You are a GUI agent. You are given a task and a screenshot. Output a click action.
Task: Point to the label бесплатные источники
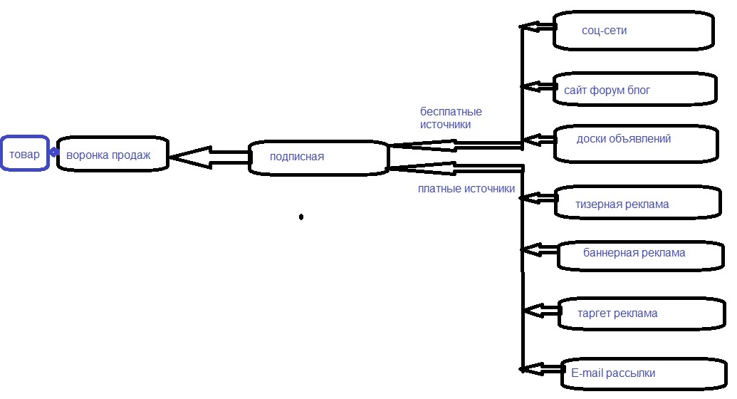(x=451, y=118)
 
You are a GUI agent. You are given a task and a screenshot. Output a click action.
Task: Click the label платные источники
(x=466, y=189)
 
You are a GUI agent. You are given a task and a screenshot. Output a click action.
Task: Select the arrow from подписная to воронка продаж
(x=209, y=157)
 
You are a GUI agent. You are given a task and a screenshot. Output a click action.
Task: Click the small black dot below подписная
(x=301, y=217)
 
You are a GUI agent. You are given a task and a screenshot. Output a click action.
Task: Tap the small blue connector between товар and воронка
(x=54, y=152)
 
